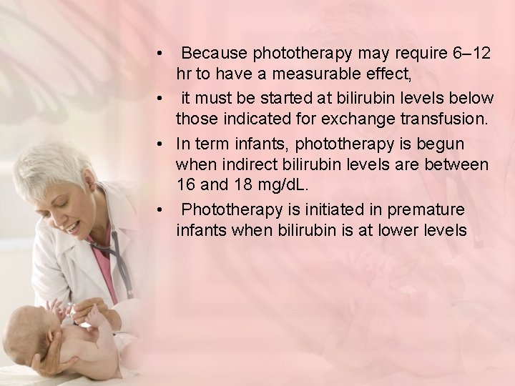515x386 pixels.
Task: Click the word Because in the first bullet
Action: coord(212,54)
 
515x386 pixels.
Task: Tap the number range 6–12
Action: coord(469,54)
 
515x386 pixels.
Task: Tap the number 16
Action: coord(187,185)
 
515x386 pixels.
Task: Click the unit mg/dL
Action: coord(286,185)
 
